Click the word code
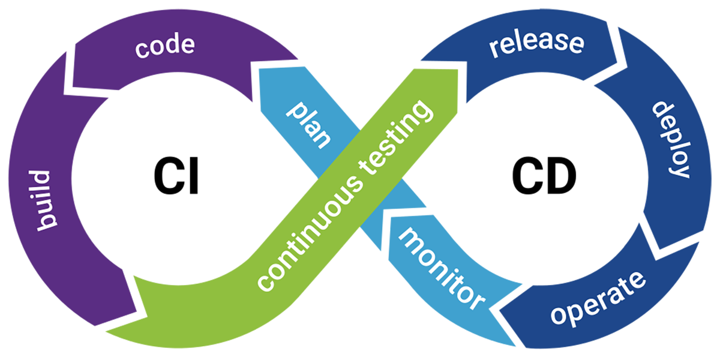[x=164, y=46]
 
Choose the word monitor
[x=441, y=268]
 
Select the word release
[x=536, y=44]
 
